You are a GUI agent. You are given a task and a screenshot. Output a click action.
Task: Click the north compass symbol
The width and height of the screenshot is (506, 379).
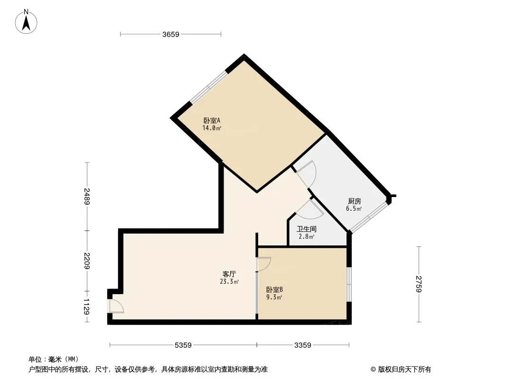coord(27,22)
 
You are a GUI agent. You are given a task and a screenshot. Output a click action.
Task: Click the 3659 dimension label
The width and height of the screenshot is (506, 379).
coord(170,34)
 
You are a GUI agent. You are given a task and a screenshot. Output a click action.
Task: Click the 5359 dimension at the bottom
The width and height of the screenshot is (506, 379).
coord(183,345)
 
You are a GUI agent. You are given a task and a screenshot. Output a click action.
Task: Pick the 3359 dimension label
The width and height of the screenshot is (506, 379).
coord(303,345)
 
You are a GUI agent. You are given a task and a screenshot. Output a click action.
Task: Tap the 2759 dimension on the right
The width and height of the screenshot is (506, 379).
coord(419,283)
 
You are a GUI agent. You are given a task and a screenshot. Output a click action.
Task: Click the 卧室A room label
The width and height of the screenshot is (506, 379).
coord(212,121)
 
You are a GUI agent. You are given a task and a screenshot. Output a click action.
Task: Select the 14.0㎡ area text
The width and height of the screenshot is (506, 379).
coord(212,128)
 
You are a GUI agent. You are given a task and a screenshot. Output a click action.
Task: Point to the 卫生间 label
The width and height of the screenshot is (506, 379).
coord(306,229)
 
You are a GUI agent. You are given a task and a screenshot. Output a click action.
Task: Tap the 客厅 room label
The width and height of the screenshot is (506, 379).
coord(229,274)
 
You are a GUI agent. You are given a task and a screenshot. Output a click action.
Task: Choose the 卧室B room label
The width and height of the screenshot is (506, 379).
coord(274,290)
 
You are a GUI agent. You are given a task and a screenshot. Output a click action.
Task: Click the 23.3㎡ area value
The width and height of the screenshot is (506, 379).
coord(229,281)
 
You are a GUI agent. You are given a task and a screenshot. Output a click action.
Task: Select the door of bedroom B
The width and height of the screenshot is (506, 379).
coord(263,264)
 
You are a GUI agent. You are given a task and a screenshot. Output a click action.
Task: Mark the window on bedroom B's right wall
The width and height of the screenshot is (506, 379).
coord(349,284)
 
